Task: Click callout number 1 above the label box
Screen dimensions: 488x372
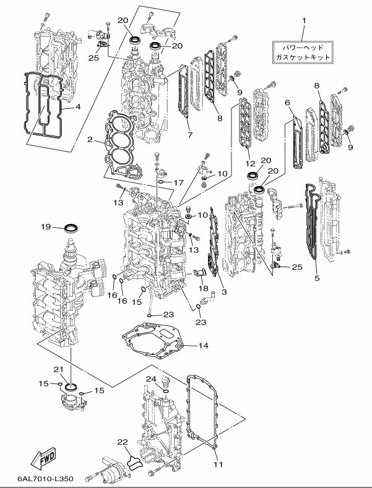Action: click(x=304, y=21)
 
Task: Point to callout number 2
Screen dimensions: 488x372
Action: click(x=90, y=140)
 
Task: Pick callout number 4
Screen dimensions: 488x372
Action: click(x=79, y=106)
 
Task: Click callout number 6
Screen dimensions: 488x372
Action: click(x=287, y=101)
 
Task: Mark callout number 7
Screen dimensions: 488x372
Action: click(x=191, y=134)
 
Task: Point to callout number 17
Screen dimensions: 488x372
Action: click(x=178, y=183)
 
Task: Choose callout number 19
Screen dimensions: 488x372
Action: click(x=45, y=227)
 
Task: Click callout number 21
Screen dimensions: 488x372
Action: click(x=59, y=369)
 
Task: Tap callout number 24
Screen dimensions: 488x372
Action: click(x=151, y=379)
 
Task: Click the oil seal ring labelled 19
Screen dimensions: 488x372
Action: click(x=72, y=228)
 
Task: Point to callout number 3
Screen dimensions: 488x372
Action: click(x=223, y=291)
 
